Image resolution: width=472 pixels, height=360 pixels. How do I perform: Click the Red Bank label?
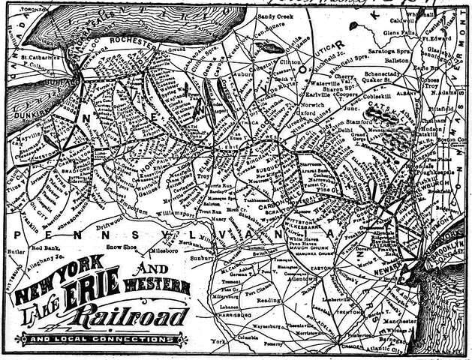(44, 245)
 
